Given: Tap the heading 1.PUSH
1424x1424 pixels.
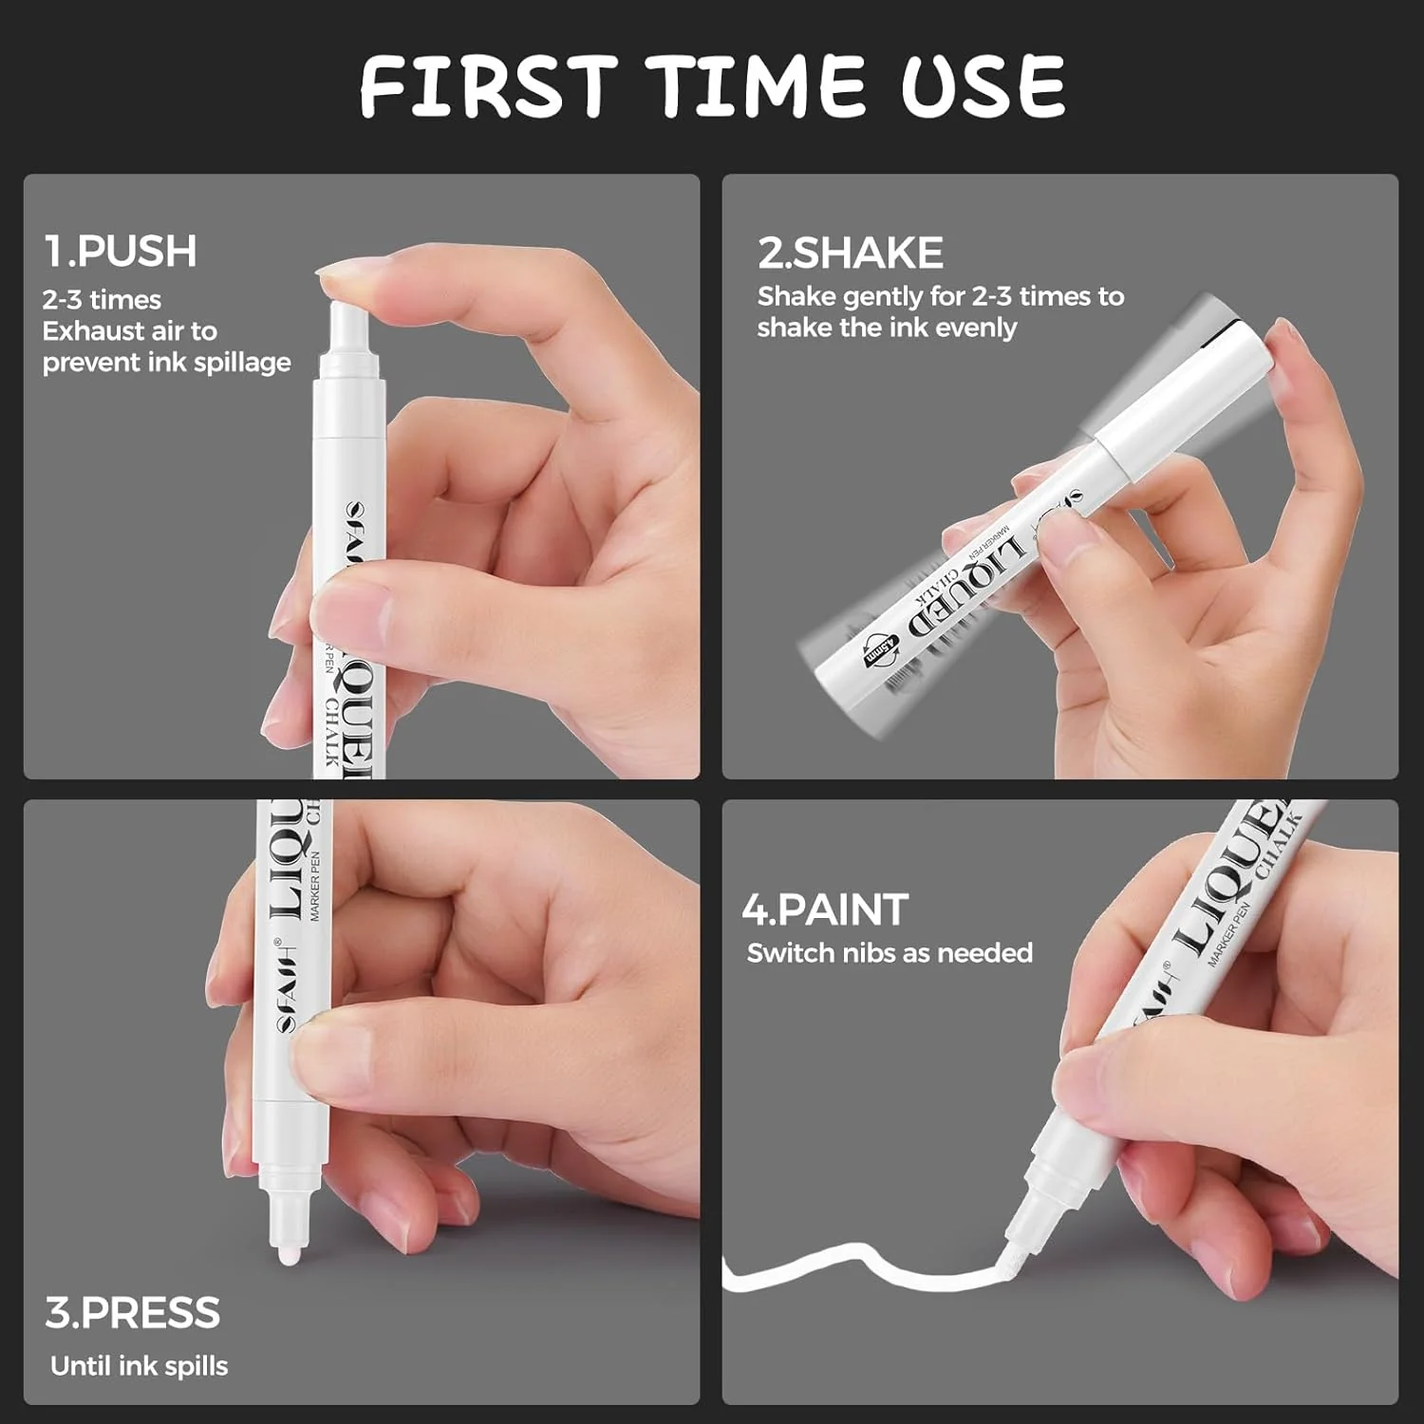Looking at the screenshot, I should pos(121,252).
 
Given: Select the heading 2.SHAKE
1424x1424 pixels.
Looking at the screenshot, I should pos(850,253).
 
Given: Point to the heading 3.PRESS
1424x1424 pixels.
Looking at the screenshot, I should pos(133,1314).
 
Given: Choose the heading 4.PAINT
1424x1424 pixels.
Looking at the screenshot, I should pos(825,910).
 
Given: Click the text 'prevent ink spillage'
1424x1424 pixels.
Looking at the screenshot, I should pos(167,363).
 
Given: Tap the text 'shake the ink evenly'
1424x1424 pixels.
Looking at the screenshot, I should pos(887,328).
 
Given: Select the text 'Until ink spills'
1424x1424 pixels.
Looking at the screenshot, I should pos(140,1366).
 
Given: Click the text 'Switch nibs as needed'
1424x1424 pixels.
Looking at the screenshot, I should pos(890,953).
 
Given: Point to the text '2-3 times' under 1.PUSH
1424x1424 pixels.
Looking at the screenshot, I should pos(102,300).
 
